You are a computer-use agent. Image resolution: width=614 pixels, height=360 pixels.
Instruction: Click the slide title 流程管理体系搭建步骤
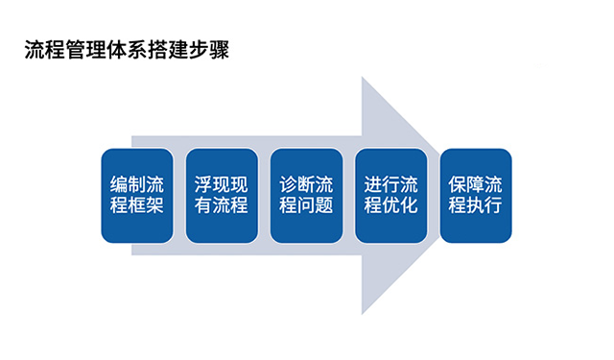pos(127,51)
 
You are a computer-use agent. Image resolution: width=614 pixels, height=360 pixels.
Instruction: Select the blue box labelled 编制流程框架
pos(137,195)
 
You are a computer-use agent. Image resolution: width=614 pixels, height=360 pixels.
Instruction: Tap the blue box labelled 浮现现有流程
pos(222,195)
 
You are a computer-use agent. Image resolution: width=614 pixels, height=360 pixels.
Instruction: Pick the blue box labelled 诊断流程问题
pos(306,195)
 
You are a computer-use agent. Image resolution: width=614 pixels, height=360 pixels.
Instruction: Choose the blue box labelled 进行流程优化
pos(390,195)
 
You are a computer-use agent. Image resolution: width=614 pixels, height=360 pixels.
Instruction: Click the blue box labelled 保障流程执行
pos(475,195)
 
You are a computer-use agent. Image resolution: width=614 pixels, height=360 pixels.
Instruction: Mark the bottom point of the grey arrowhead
pos(363,314)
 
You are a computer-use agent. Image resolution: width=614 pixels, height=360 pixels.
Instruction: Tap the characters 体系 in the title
pos(127,51)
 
